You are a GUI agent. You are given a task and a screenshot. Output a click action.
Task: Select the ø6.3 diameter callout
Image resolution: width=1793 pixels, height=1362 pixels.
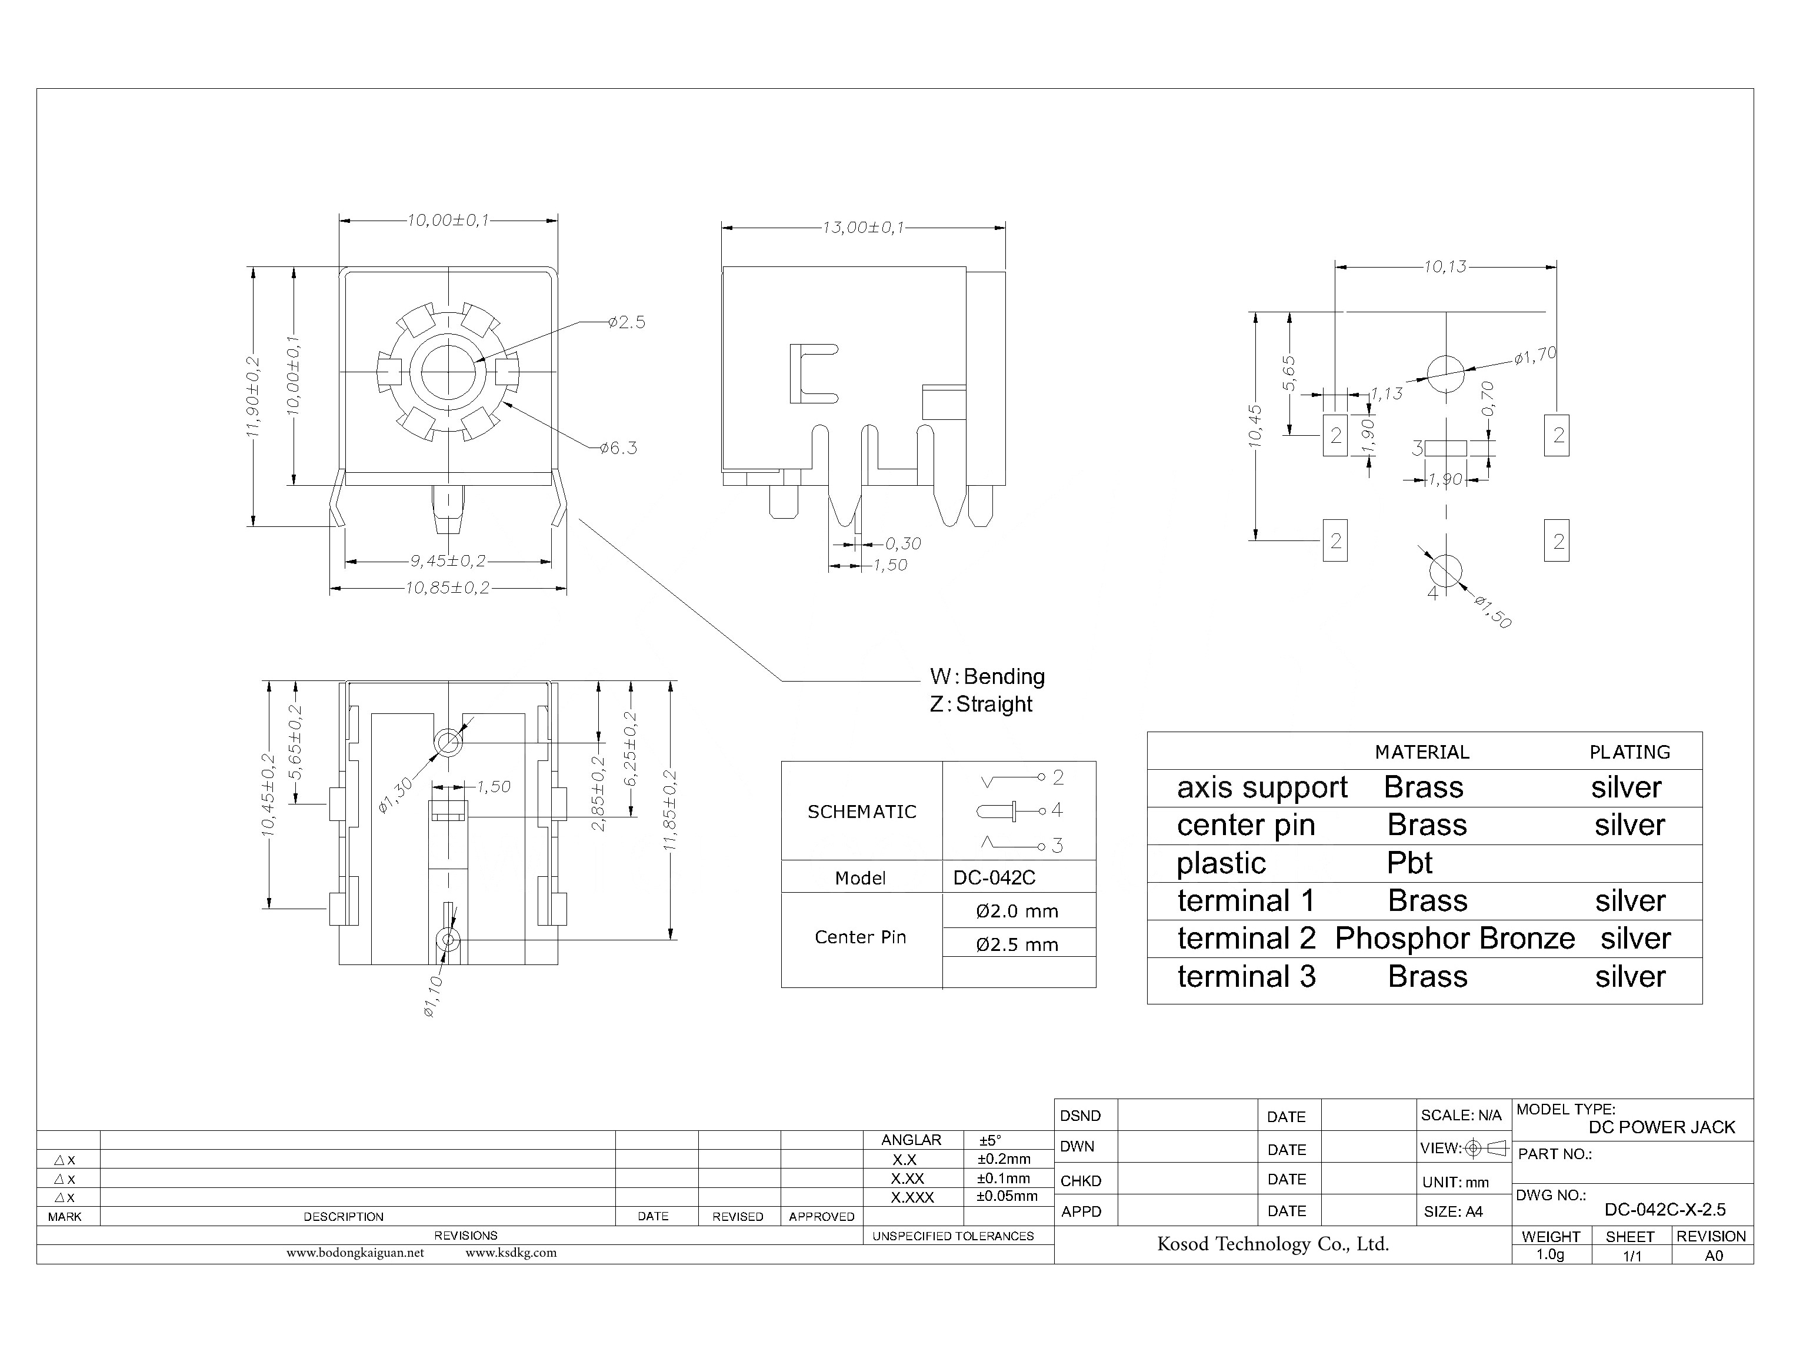[619, 448]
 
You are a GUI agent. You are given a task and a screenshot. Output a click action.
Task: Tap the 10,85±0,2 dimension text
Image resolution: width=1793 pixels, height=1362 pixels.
[448, 587]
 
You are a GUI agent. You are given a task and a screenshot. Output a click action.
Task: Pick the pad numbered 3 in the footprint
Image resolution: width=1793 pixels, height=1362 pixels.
[1445, 448]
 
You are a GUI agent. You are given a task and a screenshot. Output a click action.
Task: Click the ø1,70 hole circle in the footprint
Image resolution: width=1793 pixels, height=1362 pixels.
[1445, 375]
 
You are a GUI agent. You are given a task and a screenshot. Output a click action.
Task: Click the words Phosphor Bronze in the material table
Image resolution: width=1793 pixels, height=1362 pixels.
[1455, 939]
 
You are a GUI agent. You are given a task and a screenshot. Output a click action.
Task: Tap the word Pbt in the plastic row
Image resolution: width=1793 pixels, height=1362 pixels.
[1409, 863]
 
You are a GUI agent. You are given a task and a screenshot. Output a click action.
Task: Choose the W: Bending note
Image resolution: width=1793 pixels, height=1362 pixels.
[987, 676]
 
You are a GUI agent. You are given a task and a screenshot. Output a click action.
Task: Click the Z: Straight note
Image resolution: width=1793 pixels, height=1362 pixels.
[981, 704]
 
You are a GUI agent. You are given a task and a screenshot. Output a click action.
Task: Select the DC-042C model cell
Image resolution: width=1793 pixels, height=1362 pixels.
[994, 877]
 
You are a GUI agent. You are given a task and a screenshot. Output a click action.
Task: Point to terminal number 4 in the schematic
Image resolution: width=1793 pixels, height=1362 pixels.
[1057, 810]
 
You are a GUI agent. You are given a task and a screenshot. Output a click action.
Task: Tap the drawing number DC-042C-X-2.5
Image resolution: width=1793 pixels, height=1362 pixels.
[1664, 1210]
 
